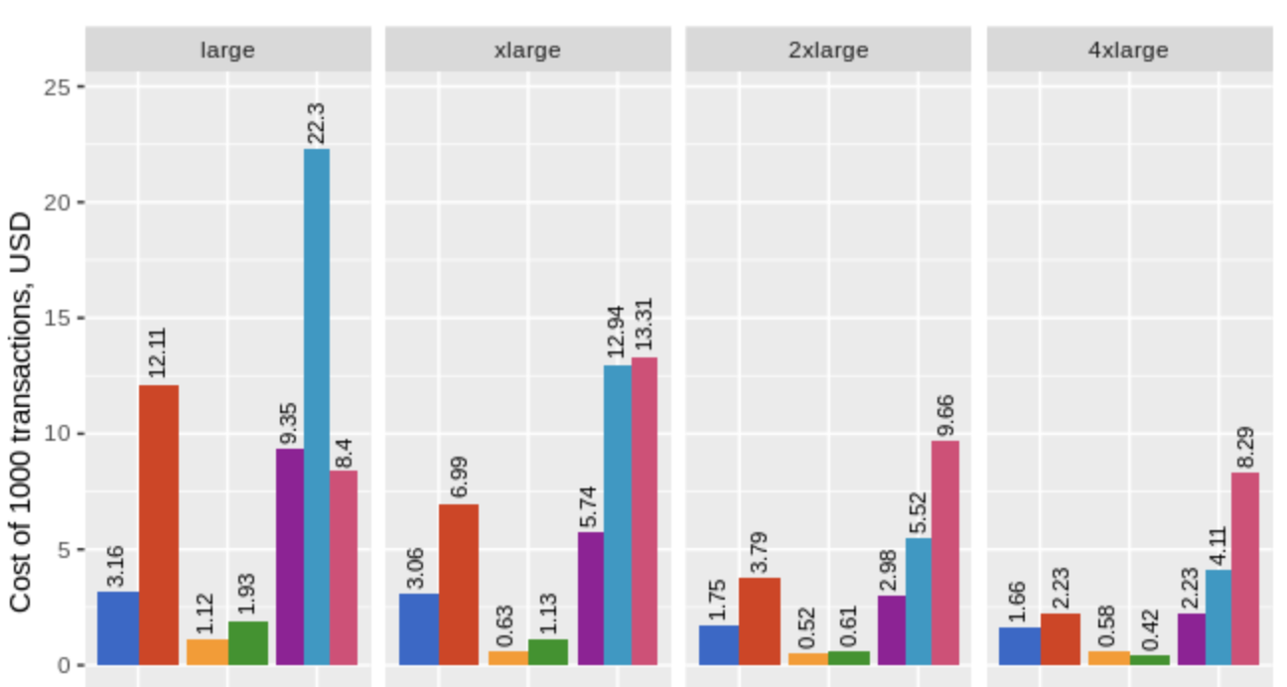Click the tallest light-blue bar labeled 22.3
coord(316,407)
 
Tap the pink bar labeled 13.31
coord(643,510)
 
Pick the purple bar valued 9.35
coord(289,556)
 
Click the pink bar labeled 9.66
coord(944,552)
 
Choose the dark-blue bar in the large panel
coord(118,627)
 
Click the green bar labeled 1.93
coord(248,642)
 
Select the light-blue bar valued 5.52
coord(918,601)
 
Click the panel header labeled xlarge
coord(527,50)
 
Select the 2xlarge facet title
coord(828,50)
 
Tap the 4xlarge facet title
coord(1129,50)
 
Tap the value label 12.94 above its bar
coord(616,332)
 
